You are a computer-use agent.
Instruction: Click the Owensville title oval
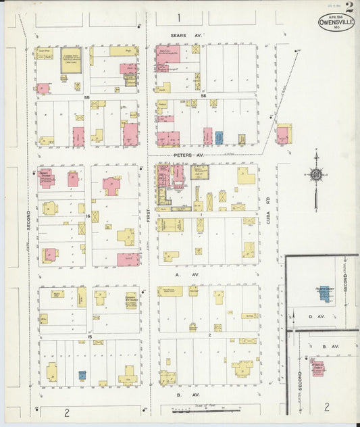coord(336,22)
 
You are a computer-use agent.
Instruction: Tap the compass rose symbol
coord(316,178)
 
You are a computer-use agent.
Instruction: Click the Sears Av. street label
coord(188,32)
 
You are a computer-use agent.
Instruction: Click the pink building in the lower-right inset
coord(317,368)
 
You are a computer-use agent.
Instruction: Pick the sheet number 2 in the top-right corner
coord(349,7)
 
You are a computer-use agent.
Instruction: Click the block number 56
coord(203,97)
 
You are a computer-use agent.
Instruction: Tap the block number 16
coord(88,216)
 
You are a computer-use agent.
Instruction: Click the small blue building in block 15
coord(82,375)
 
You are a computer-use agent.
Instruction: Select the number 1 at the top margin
coord(179,17)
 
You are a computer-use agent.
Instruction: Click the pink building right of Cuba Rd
coord(283,134)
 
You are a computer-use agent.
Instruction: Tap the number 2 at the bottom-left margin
coord(67,412)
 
